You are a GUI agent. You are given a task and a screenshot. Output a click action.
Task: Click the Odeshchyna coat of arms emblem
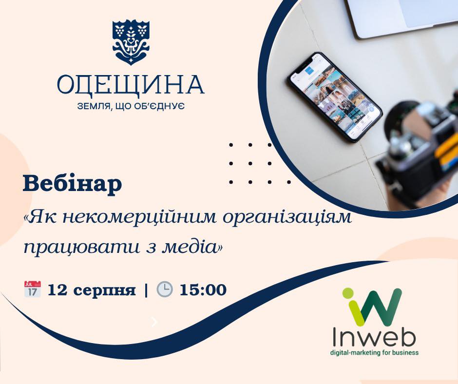[131, 42]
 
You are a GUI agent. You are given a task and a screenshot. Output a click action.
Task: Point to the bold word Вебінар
[73, 184]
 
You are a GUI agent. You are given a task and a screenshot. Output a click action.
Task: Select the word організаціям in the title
[287, 218]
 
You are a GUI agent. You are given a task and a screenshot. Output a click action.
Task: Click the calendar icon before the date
[32, 289]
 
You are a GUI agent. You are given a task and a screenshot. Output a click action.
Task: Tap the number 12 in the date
[57, 290]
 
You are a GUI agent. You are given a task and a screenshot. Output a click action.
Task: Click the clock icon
[165, 289]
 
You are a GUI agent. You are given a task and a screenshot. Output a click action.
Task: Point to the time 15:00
[203, 290]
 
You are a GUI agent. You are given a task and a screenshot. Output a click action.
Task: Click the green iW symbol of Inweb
[372, 307]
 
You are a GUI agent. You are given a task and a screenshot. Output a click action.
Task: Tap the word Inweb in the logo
[374, 338]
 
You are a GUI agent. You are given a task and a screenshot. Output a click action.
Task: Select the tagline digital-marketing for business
[374, 353]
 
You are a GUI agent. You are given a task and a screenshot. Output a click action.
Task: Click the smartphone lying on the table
[335, 97]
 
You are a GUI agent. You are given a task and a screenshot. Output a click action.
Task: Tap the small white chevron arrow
[154, 322]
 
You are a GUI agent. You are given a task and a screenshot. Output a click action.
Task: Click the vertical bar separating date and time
[146, 290]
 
